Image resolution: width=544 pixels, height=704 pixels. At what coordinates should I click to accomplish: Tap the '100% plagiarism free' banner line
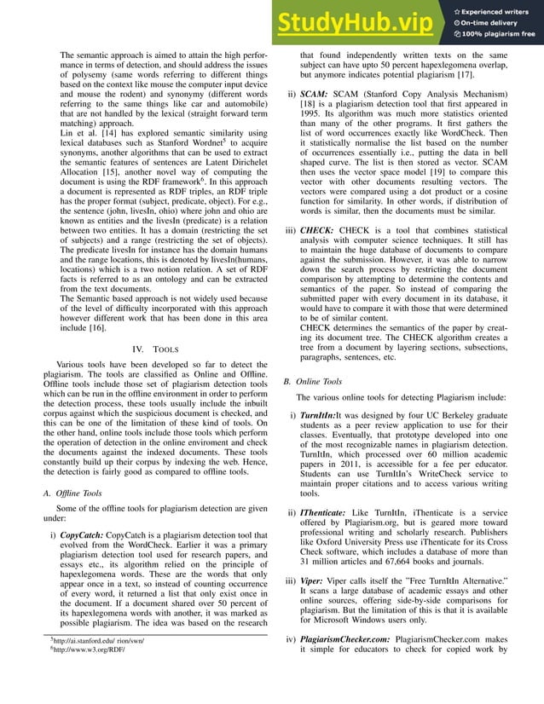(501, 35)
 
